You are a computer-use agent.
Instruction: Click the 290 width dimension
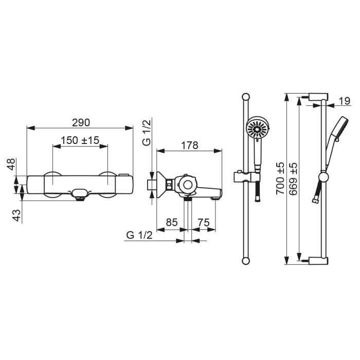[x=80, y=122]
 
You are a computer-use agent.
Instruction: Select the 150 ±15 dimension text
[x=80, y=140]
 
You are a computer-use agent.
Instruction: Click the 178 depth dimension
[x=189, y=145]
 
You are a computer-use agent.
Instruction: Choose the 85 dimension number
[x=171, y=222]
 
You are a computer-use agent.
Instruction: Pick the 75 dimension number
[x=204, y=222]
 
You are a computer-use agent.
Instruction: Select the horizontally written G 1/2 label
[x=139, y=235]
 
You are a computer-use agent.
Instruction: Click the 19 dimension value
[x=345, y=101]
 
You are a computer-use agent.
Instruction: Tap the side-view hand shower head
[x=340, y=128]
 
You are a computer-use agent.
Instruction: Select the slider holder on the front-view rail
[x=245, y=176]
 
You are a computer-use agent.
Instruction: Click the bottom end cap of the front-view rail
[x=246, y=261]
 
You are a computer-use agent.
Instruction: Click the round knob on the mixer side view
[x=187, y=184]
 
